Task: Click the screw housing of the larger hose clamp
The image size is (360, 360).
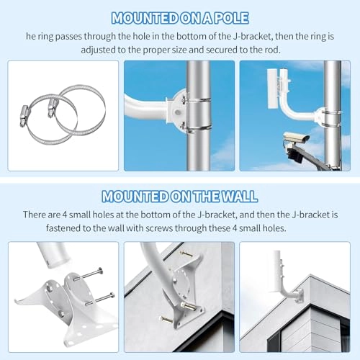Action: coord(53,105)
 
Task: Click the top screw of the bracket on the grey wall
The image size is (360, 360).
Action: coord(185,254)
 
